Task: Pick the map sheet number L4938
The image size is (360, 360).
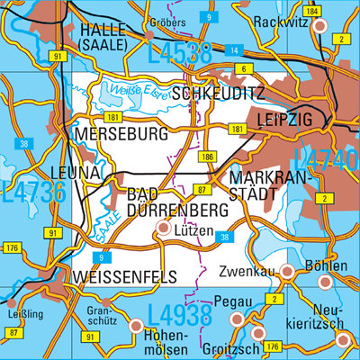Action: click(179, 315)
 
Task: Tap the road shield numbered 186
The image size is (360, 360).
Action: click(208, 157)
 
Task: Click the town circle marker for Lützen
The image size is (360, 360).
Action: click(163, 229)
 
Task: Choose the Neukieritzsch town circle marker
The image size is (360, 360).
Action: click(343, 338)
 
